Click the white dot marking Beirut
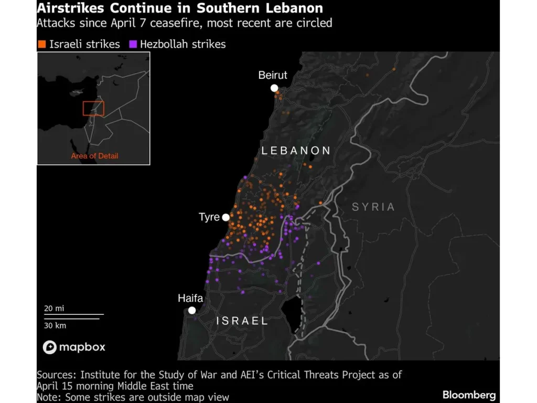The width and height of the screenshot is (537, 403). pos(274,88)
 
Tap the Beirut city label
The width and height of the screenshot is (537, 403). pos(273,76)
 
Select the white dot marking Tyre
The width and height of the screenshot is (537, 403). pos(225,217)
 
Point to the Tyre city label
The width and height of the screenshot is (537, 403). pos(209,217)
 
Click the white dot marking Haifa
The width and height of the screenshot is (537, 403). pos(192,310)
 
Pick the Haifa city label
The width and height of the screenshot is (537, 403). pos(190,298)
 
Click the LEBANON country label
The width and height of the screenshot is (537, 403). pos(296,151)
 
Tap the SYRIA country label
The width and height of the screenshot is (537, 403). pos(373,207)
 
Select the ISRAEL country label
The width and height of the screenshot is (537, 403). pos(242,321)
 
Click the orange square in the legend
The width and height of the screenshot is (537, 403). pos(41,44)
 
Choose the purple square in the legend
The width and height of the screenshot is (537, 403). pos(132,44)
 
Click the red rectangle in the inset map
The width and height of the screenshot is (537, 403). pos(93,108)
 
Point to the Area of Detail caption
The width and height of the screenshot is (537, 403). pos(94,156)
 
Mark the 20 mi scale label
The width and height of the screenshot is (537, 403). pos(54,309)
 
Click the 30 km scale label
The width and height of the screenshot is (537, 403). pos(55,325)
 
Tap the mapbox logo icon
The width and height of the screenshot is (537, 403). pos(50,347)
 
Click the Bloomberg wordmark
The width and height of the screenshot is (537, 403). pos(469,395)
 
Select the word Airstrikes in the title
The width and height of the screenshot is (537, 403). pos(71,8)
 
